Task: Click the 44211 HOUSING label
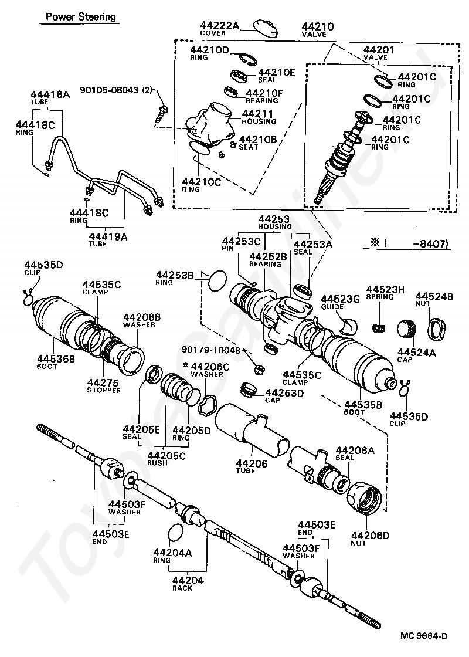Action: tap(259, 117)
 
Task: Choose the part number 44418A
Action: tap(50, 95)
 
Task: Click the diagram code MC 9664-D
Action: tap(424, 635)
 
